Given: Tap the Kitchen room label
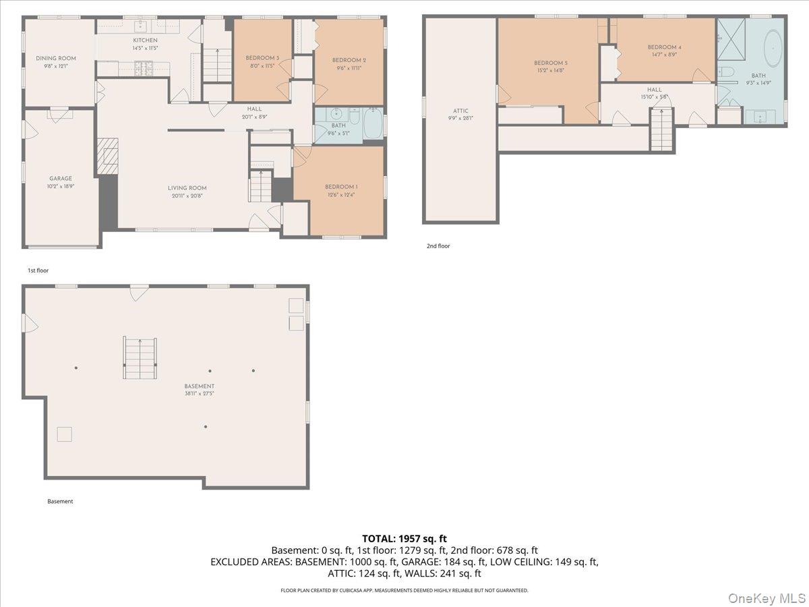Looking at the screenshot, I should (145, 40).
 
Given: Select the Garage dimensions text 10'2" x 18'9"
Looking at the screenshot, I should (61, 185).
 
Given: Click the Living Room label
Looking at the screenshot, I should (187, 188).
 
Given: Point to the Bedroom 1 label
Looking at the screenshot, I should (341, 187).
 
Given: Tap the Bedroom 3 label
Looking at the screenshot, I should (262, 58).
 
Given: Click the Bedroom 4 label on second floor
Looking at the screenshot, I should (664, 47).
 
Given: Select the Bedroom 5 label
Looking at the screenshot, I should (551, 63).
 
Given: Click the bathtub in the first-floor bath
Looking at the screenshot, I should (372, 124).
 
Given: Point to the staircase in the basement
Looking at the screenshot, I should (140, 357).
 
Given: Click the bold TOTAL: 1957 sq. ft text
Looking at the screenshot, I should (404, 538).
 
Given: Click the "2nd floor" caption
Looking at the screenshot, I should (438, 246).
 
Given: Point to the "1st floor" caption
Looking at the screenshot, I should (38, 270).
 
